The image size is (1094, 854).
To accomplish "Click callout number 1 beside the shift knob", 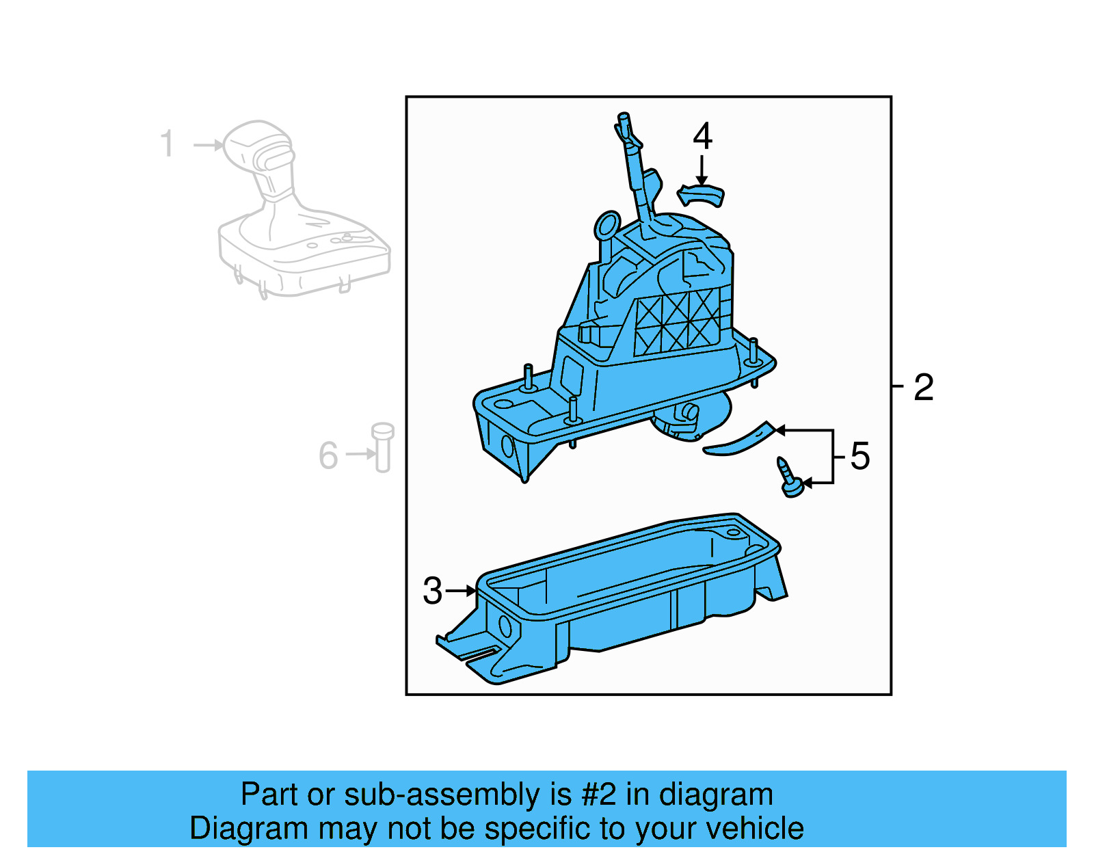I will (x=167, y=144).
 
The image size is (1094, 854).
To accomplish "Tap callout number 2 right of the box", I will (x=923, y=388).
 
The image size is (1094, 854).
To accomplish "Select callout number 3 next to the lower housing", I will (x=432, y=591).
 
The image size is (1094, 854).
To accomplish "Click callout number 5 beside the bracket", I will (x=859, y=456).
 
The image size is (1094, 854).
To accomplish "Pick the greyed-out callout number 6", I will (x=328, y=455).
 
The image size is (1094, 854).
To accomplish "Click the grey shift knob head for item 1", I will (x=258, y=150).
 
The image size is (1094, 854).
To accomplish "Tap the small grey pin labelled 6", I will (x=383, y=447).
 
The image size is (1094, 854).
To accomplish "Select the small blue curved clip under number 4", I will (x=701, y=195).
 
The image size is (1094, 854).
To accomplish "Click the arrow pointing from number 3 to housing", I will (x=462, y=590).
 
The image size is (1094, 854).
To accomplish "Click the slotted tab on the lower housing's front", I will (x=472, y=653).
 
